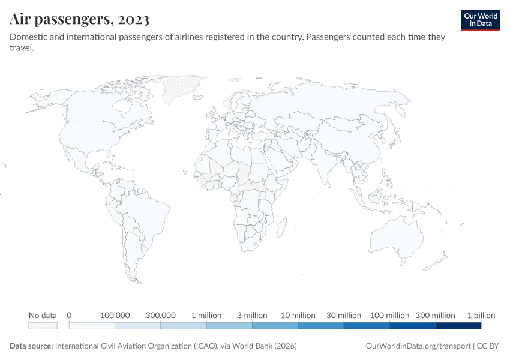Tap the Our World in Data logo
[481, 19]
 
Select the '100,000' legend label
[115, 316]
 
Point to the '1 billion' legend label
[481, 316]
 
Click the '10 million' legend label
[298, 316]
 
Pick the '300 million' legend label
[436, 316]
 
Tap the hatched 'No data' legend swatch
[43, 326]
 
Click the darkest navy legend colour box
[458, 326]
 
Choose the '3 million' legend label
[252, 316]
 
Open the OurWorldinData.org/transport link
[418, 346]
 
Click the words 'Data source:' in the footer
[31, 346]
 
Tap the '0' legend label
[70, 316]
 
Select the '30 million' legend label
[344, 316]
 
